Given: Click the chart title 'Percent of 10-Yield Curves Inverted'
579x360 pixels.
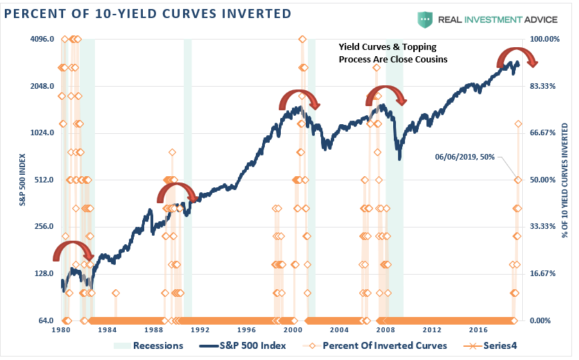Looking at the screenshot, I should tap(146, 14).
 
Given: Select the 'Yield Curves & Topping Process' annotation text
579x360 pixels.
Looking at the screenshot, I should tap(393, 53).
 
